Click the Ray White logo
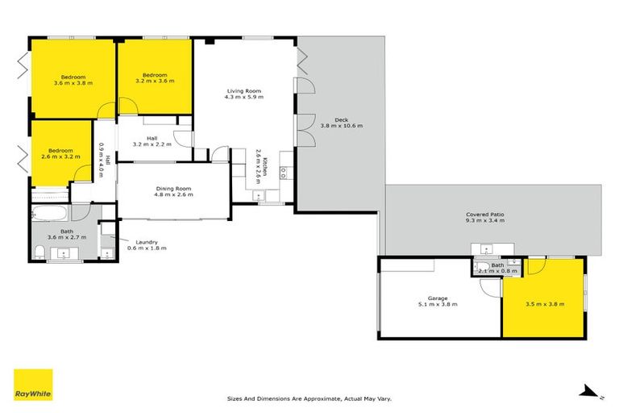[x=33, y=384]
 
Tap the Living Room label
[x=243, y=91]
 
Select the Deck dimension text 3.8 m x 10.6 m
[x=342, y=126]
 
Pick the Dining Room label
[x=174, y=189]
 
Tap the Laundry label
[x=147, y=241]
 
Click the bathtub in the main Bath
[x=51, y=214]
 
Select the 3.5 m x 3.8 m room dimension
[x=544, y=304]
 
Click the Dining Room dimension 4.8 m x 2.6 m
[x=174, y=195]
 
